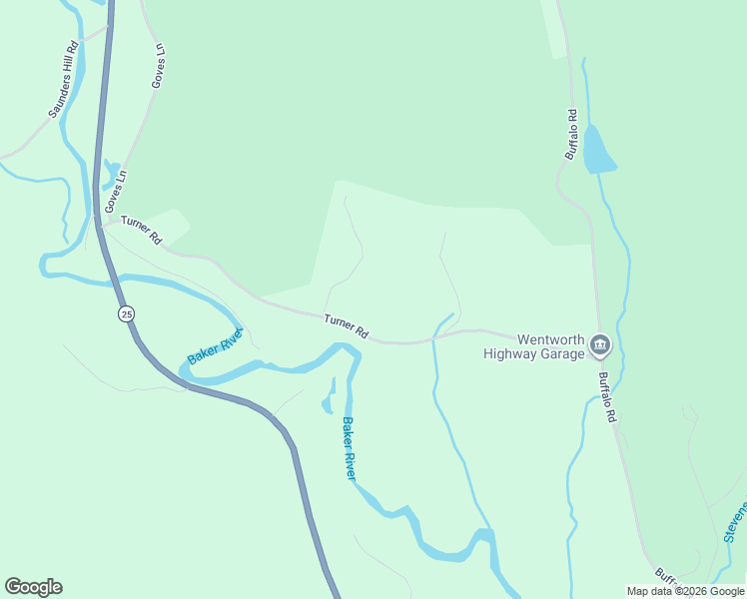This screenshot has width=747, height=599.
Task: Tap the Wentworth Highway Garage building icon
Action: (x=599, y=345)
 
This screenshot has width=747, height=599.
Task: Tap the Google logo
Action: (x=33, y=587)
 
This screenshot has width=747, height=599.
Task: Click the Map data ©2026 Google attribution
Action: (x=685, y=591)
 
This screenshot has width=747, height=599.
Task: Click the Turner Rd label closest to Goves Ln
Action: (x=141, y=230)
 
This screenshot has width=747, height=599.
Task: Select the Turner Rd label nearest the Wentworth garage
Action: (x=347, y=325)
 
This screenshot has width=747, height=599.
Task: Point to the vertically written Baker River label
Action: (x=349, y=448)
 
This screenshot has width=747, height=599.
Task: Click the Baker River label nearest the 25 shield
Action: (x=215, y=346)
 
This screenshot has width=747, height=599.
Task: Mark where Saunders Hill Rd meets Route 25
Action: (x=107, y=30)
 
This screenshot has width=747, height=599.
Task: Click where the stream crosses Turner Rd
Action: (x=434, y=338)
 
